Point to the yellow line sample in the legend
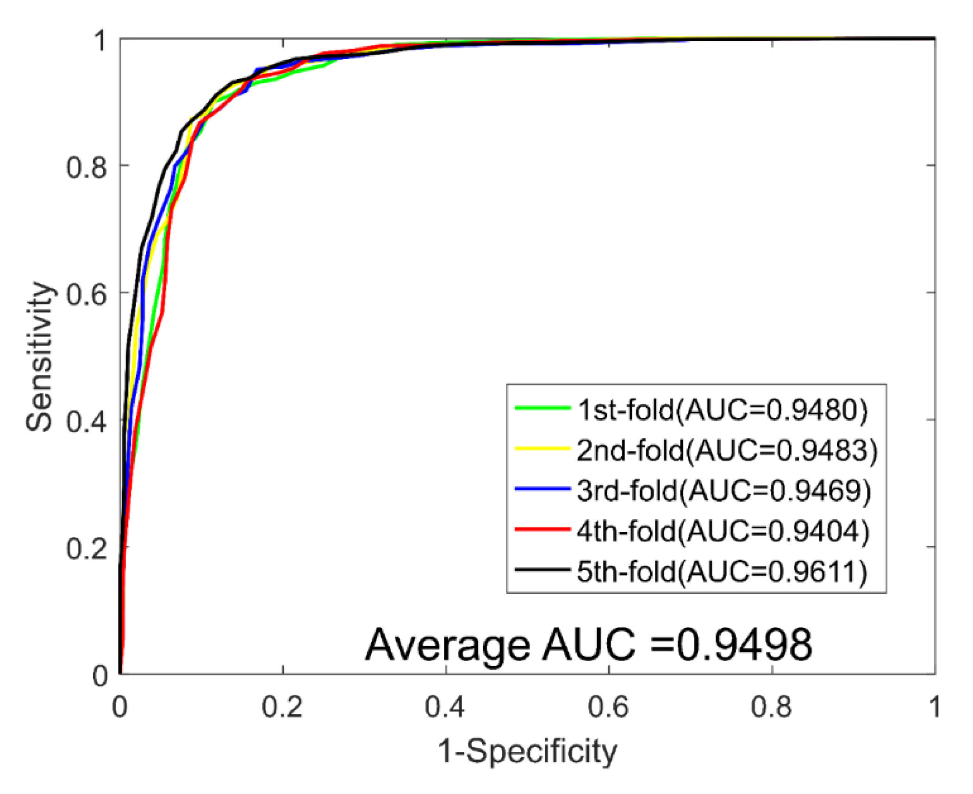click(542, 448)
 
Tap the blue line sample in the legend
click(542, 488)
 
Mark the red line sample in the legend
click(542, 529)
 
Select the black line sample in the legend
click(542, 569)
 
